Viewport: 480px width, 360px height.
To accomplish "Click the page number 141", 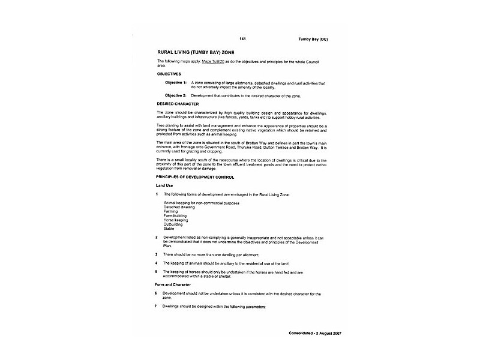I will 242,39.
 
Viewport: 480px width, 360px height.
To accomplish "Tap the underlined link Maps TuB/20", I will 212,62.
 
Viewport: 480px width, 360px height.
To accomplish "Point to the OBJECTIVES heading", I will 169,74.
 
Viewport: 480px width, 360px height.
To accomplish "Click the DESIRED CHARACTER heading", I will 178,104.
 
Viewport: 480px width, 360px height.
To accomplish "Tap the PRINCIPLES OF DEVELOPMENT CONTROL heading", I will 196,177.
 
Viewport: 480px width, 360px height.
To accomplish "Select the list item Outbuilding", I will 173,224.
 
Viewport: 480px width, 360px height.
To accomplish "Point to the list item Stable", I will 169,229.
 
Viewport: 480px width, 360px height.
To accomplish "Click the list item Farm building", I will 175,215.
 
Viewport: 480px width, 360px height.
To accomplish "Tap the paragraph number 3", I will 157,254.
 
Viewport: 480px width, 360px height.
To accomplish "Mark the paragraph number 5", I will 157,271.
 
